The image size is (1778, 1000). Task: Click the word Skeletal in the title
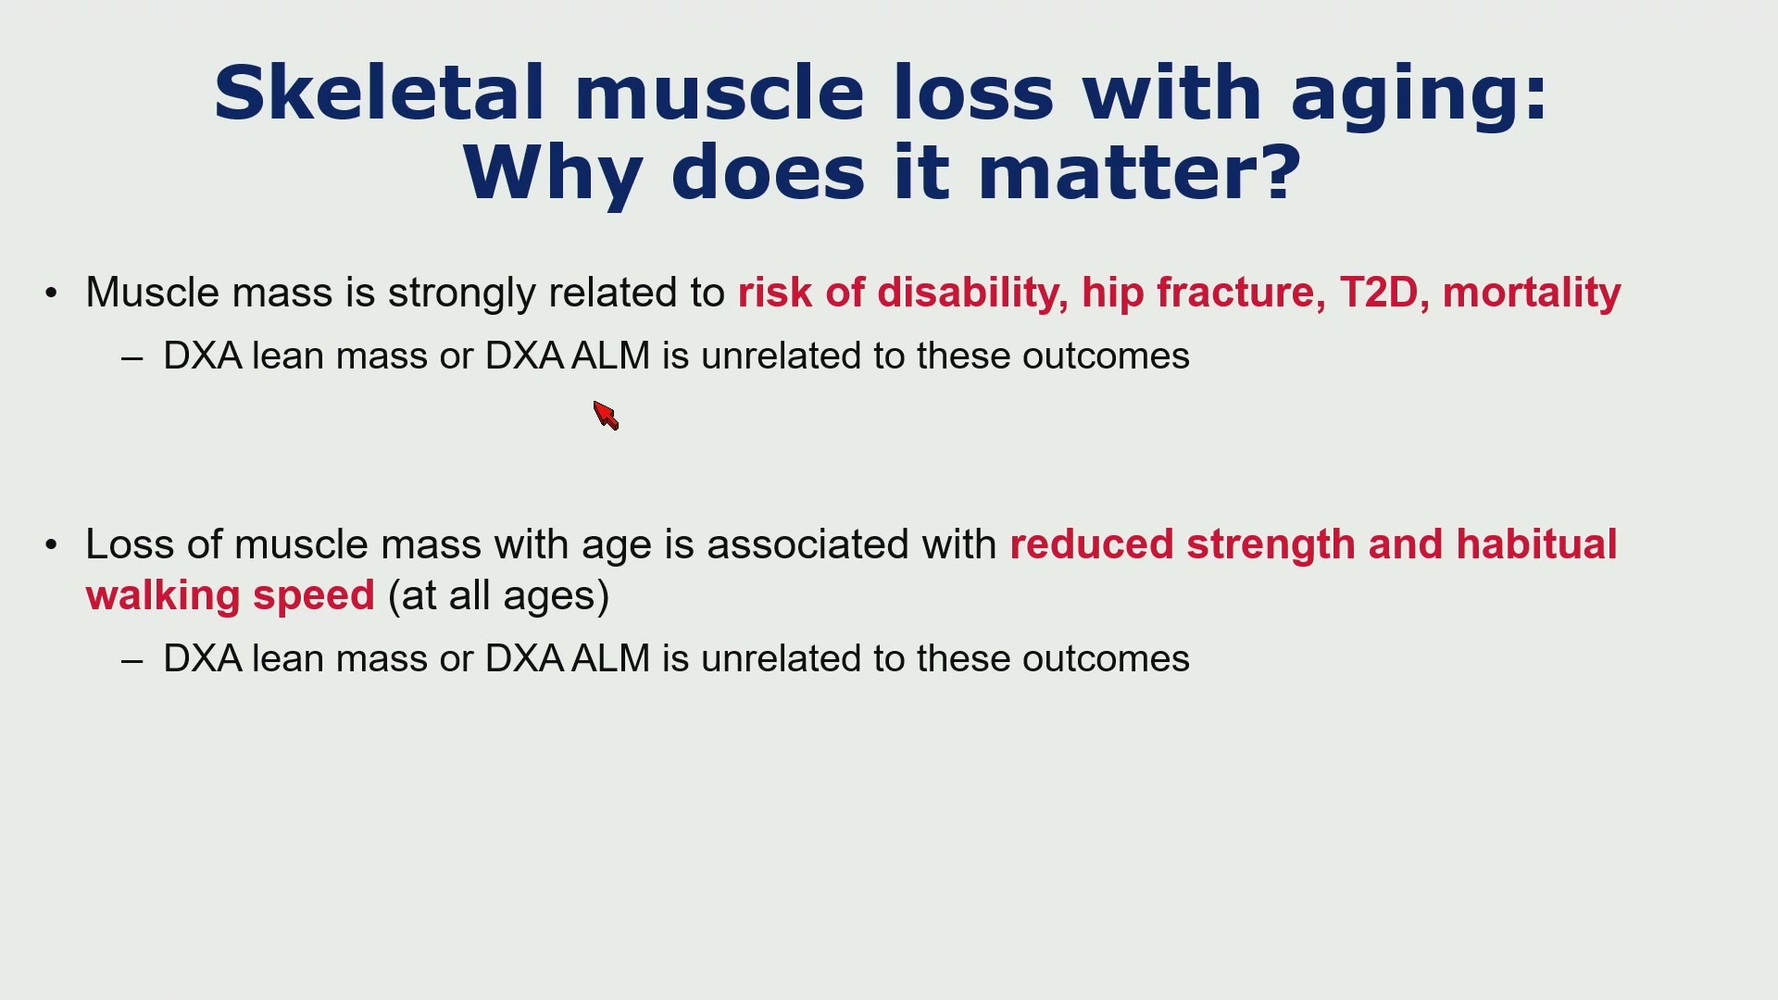[379, 93]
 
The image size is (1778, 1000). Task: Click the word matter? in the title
[1139, 173]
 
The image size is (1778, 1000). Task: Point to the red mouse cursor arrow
[606, 416]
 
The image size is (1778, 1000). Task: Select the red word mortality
[1532, 294]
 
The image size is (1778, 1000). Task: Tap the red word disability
[968, 294]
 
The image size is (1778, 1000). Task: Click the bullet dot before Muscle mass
[51, 294]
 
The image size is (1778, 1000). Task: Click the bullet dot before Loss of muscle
[51, 544]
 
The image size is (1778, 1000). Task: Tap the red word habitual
[1536, 544]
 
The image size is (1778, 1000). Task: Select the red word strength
[1271, 545]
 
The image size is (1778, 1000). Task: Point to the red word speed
[314, 596]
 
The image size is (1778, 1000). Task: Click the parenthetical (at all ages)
[499, 596]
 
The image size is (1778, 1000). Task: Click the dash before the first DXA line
[131, 358]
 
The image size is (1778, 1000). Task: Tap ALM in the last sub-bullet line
[611, 659]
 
